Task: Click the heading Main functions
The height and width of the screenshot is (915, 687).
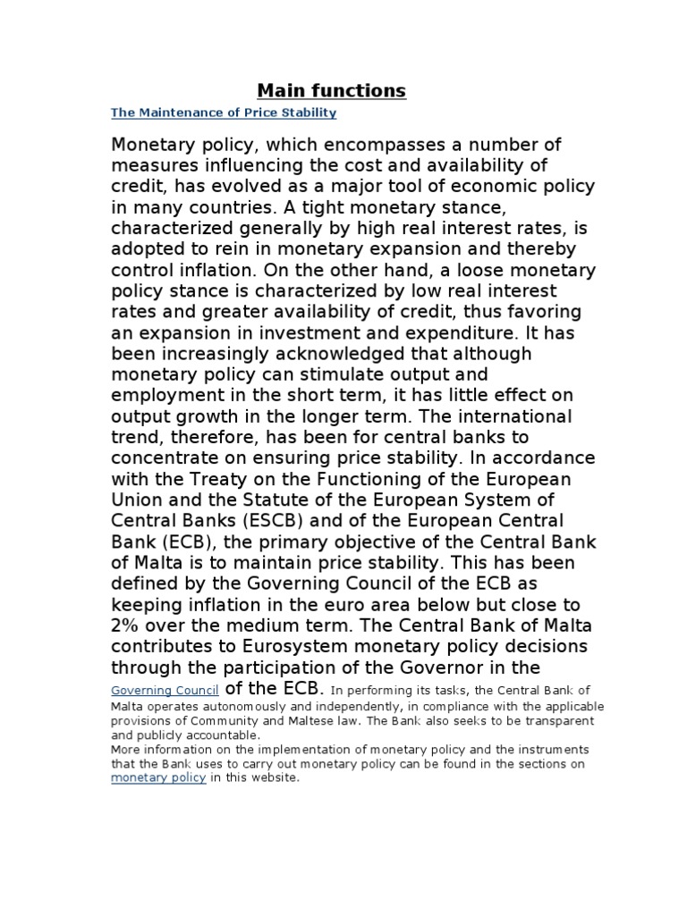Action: pos(331,90)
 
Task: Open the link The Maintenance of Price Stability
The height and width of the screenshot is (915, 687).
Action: pos(223,113)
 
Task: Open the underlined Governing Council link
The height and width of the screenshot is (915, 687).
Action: pos(165,690)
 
